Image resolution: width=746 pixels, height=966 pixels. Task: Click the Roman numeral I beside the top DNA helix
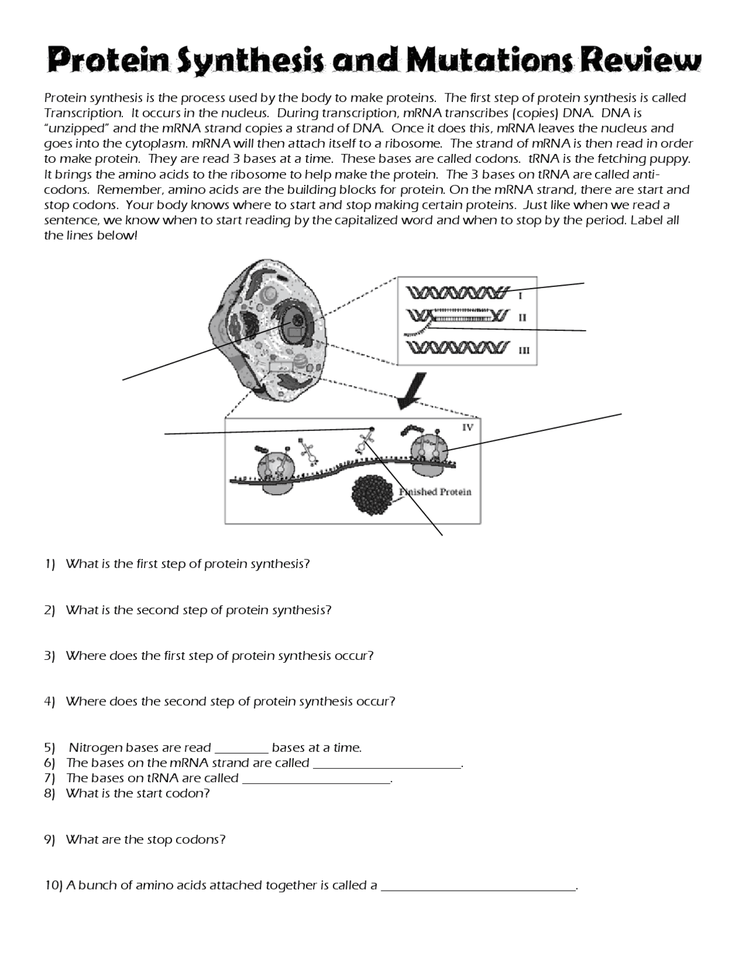point(520,296)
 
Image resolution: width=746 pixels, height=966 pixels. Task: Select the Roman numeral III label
point(523,350)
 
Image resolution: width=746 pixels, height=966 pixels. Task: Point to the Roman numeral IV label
point(467,427)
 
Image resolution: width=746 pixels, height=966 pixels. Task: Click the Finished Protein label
point(435,492)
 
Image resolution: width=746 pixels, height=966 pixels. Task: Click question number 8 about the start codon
point(138,793)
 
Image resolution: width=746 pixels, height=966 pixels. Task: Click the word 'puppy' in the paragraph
point(671,159)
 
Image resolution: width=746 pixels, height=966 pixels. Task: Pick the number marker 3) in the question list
point(50,656)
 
